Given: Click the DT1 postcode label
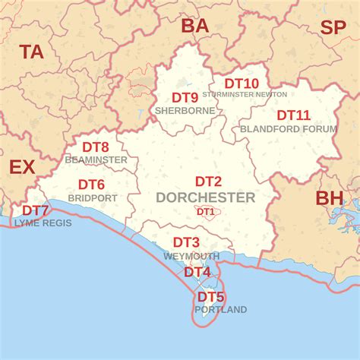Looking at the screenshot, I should point(205,212).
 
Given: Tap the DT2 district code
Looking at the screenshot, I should point(208,182).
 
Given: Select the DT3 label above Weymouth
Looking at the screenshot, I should point(186,242).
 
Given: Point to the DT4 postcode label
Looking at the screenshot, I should point(197,272).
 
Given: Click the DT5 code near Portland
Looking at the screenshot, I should point(211,297).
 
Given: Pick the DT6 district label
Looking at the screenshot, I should point(91,185).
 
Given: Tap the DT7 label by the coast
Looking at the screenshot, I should point(35,210).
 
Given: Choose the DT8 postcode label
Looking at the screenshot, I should point(95,147).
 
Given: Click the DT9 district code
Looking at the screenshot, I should point(185,97).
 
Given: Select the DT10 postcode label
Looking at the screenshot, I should point(242,84).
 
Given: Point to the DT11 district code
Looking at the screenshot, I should point(293,115).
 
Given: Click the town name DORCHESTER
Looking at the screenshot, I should point(205,197).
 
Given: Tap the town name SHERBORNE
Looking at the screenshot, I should point(185,110).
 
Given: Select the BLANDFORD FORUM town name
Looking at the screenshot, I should point(289,128).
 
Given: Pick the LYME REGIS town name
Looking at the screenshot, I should point(43,223).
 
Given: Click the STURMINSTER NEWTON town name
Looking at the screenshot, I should point(245,94).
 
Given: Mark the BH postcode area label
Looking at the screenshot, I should point(330,198).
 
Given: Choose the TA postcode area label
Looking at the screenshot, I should point(32,52).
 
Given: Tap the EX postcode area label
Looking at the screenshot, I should point(22,167).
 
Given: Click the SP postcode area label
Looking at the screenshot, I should point(333,28).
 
